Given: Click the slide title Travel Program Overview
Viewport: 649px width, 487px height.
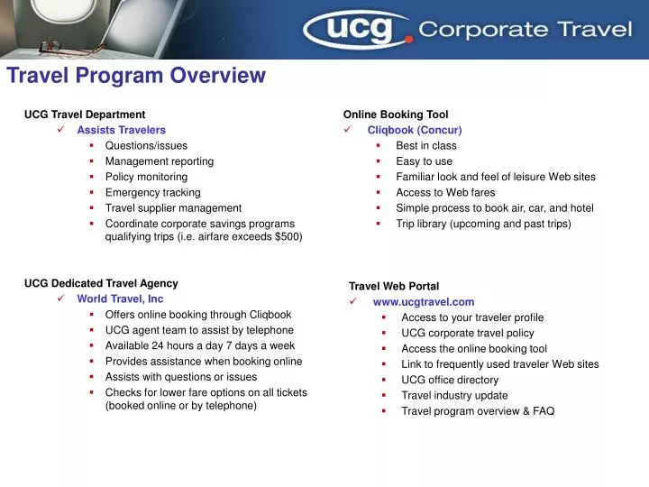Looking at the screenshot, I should pos(136,77).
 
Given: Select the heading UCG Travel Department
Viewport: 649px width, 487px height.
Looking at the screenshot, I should pos(85,115).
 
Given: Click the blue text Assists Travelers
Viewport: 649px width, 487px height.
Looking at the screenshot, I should pos(121,130).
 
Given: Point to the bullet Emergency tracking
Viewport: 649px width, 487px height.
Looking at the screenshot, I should pos(152,192).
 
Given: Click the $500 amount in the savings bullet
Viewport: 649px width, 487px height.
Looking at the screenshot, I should pos(288,237).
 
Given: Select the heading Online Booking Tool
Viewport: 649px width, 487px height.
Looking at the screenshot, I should pos(395,115).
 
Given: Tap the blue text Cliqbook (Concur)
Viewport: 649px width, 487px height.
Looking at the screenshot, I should pos(415,130).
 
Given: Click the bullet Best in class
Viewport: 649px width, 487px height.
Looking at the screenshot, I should pos(425,145).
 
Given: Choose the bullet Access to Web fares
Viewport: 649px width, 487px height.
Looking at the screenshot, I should pos(445,192).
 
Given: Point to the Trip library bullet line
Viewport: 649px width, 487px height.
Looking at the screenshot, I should pos(483,224).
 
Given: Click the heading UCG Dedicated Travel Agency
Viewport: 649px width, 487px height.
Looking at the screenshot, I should pos(101,283).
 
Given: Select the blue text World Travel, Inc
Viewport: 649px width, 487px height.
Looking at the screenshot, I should pos(120,299).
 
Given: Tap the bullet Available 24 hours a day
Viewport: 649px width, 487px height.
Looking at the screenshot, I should pos(199,345).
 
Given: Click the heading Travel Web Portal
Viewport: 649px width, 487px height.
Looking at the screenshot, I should pos(393,286).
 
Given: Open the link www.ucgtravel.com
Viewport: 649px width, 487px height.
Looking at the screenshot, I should pos(423,302).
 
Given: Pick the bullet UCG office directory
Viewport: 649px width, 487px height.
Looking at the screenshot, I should pos(450,380).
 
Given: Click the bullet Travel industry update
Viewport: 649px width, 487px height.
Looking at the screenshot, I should pos(454,395).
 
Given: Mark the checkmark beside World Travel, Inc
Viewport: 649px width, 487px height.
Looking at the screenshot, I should pos(59,299).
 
